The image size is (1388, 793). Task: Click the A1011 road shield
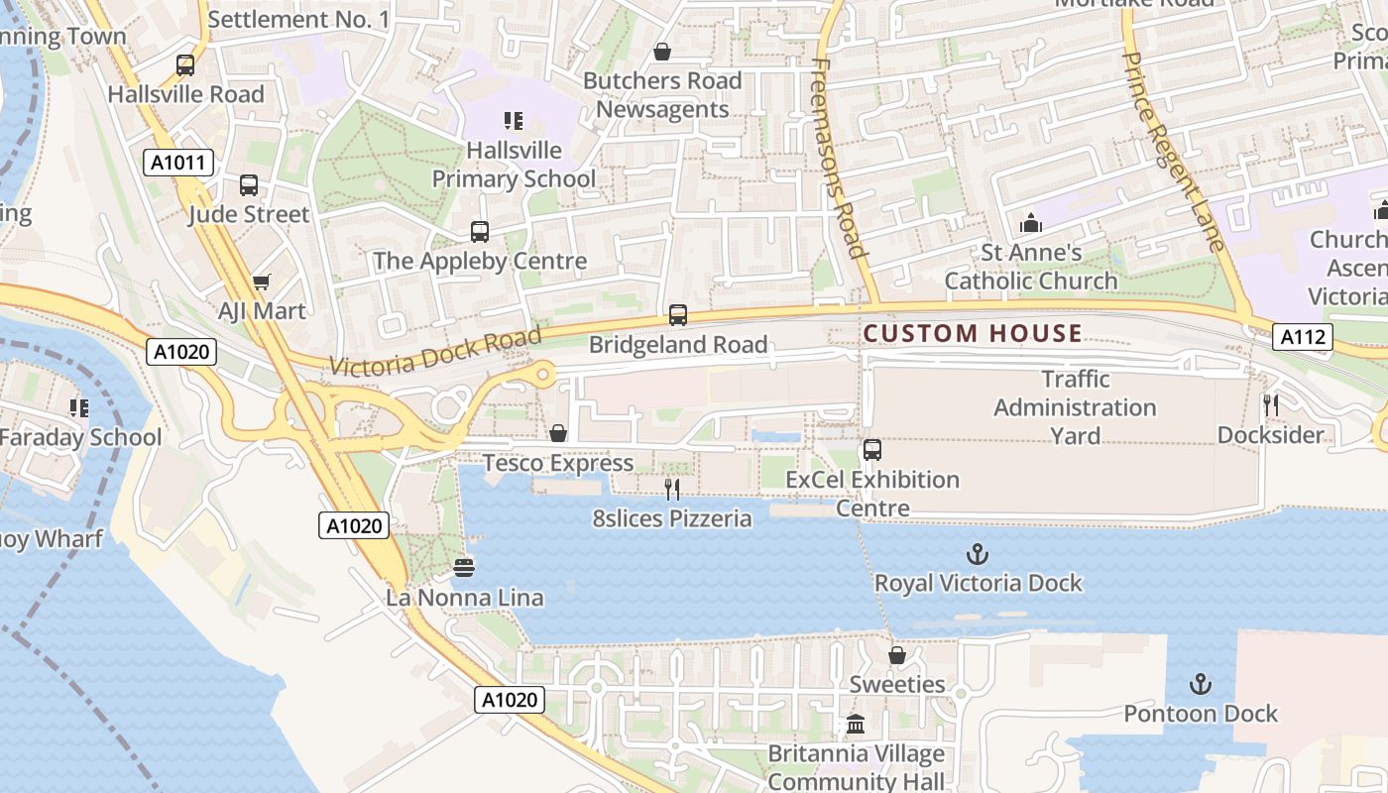point(177,163)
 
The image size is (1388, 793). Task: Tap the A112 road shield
point(1302,337)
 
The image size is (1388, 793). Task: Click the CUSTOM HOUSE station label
point(972,333)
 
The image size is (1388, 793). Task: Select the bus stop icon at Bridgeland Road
point(678,315)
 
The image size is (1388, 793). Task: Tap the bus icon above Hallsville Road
point(185,65)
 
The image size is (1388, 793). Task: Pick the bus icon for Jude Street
point(249,185)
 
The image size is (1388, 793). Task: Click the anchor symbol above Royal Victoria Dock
point(979,554)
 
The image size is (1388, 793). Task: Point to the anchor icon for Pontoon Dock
point(1201,685)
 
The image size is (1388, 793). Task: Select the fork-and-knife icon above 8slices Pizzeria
point(672,489)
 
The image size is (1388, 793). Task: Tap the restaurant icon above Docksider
point(1271,405)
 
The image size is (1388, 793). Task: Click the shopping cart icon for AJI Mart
point(262,283)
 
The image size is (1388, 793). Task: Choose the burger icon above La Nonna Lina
point(464,568)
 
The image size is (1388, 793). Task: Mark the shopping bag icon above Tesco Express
point(558,433)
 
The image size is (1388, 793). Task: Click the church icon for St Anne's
point(1031,223)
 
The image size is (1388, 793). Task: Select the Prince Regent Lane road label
point(1173,151)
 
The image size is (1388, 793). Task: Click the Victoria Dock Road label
point(435,352)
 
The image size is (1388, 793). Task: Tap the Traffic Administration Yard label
point(1075,406)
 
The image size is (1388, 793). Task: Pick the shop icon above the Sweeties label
point(897,655)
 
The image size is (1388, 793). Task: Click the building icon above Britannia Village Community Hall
point(856,725)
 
